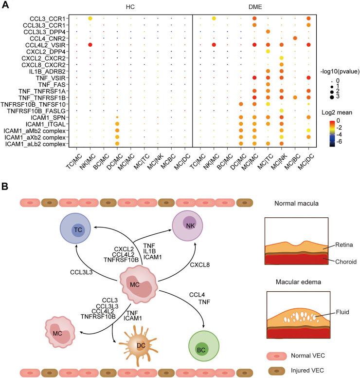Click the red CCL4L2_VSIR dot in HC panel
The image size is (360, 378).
(90, 45)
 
